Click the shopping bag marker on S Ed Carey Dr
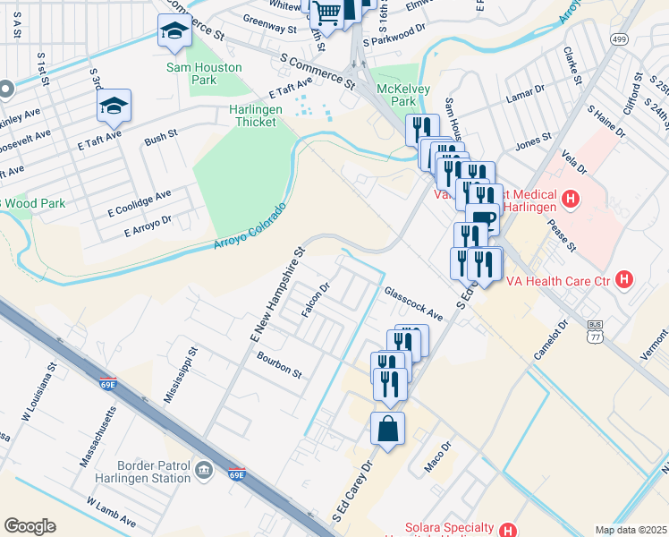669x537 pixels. click(x=388, y=428)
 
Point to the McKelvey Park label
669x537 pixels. click(x=403, y=95)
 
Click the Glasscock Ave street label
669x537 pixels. click(x=413, y=303)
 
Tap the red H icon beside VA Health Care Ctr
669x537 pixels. click(x=624, y=280)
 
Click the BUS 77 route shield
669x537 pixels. click(x=595, y=330)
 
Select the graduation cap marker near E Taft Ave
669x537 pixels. click(x=114, y=107)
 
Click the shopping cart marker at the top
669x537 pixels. click(x=328, y=13)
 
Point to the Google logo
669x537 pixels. click(x=30, y=526)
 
